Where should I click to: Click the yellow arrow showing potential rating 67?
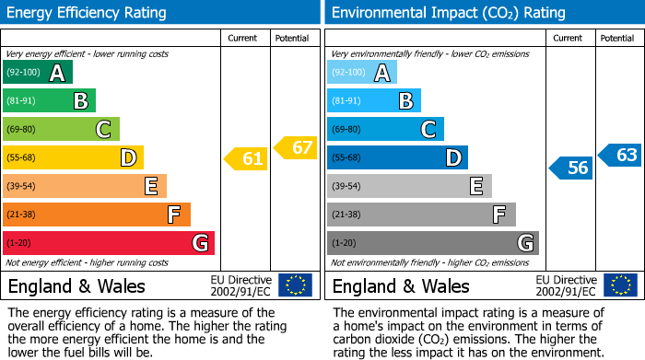296,147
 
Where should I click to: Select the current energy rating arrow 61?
246,159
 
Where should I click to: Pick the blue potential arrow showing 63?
620,155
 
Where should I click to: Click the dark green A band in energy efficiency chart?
38,73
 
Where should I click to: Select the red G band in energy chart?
109,243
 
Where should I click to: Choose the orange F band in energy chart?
97,215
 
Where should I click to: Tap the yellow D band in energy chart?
73,157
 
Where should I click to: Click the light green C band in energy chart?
61,129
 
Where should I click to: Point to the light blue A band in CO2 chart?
362,73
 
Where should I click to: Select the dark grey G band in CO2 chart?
432,243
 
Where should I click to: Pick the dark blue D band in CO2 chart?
397,157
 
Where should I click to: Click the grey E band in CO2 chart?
409,186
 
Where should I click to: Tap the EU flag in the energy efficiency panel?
296,285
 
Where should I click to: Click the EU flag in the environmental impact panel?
620,285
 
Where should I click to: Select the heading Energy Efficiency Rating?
88,13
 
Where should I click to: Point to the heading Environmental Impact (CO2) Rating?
448,13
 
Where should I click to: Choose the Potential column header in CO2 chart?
617,38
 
